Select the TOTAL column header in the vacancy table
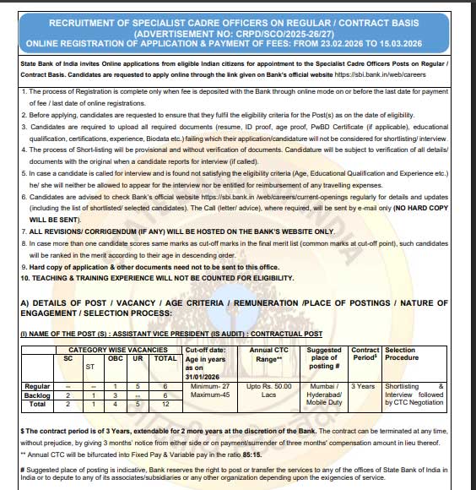(165, 357)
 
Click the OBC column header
(117, 357)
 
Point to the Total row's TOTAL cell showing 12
(165, 404)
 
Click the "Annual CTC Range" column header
(271, 353)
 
